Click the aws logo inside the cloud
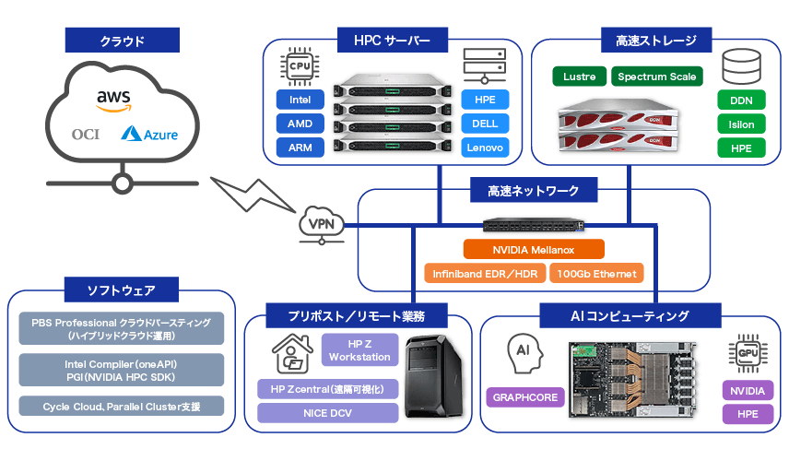click(x=113, y=100)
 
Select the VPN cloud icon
click(x=322, y=225)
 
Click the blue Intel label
click(x=300, y=100)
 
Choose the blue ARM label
click(x=300, y=148)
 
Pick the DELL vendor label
click(x=485, y=124)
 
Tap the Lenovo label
click(x=485, y=148)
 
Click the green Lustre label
click(x=580, y=77)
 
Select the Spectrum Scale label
click(x=657, y=77)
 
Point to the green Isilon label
click(x=741, y=124)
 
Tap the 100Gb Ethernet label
click(x=596, y=274)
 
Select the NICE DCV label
click(x=327, y=413)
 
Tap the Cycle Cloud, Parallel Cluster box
click(x=121, y=407)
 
